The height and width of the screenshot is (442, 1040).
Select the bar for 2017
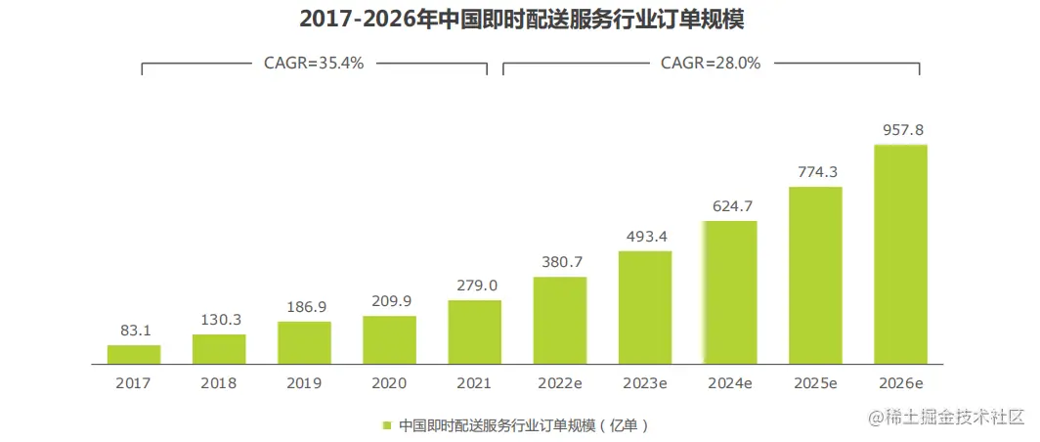pos(134,354)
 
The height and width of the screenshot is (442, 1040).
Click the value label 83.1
pos(134,331)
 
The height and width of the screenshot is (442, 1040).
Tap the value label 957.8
pos(900,130)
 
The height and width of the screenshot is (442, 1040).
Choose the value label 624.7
pos(730,206)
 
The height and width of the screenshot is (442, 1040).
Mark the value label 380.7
pos(560,262)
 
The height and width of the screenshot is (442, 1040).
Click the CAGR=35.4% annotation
pos(314,63)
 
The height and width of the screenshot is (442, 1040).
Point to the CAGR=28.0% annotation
pos(711,63)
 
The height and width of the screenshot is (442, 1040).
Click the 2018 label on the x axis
pos(219,383)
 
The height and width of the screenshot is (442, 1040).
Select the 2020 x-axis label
pos(389,383)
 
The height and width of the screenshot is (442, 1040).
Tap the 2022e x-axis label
pos(560,383)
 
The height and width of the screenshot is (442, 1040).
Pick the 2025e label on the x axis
pos(815,383)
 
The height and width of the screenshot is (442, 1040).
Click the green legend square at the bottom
pos(387,425)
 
